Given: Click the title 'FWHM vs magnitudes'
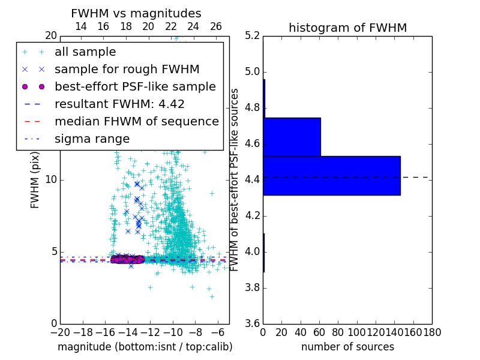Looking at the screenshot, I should tap(136, 14).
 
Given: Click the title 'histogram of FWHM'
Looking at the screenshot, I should tap(347, 28).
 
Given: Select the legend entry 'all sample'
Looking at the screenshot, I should tap(85, 52).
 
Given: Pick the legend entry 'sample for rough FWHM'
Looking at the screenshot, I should tap(127, 69).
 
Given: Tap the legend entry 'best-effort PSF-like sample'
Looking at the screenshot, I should tap(135, 86).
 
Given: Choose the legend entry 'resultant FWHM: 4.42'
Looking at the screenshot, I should tap(119, 104).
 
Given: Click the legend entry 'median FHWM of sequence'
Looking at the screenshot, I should tap(136, 121).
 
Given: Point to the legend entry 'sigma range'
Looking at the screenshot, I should tap(92, 139).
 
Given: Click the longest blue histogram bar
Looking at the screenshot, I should tap(332, 175).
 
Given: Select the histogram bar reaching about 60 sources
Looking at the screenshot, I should tap(292, 137).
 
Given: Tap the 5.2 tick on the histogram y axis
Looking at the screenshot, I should tap(253, 36).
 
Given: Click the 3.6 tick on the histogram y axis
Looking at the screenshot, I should tap(253, 323).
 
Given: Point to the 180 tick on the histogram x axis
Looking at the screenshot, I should tap(432, 332).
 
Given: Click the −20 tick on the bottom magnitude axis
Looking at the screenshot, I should tap(60, 332).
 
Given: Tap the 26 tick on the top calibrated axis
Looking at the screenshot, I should tap(216, 26).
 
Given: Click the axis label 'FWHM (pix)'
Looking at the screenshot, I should tap(35, 180).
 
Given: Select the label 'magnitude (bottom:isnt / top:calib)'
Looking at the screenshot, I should tap(145, 347).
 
